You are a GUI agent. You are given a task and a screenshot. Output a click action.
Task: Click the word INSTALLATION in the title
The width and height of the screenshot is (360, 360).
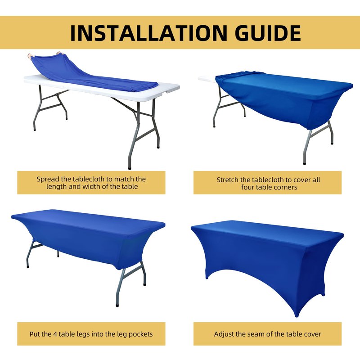[148, 33]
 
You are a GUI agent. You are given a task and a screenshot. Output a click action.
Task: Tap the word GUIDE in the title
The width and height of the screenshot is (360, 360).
[268, 33]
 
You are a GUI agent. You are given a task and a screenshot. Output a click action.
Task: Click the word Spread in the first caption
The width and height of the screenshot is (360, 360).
[47, 179]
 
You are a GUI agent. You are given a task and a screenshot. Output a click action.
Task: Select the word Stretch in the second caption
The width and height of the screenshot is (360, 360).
[228, 180]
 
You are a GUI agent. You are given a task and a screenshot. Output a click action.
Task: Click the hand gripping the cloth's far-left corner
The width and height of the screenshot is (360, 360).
[30, 56]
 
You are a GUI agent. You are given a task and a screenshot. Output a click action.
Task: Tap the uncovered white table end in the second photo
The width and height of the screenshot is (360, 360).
[207, 79]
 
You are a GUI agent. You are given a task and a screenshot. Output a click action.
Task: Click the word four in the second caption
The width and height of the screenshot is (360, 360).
[247, 187]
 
